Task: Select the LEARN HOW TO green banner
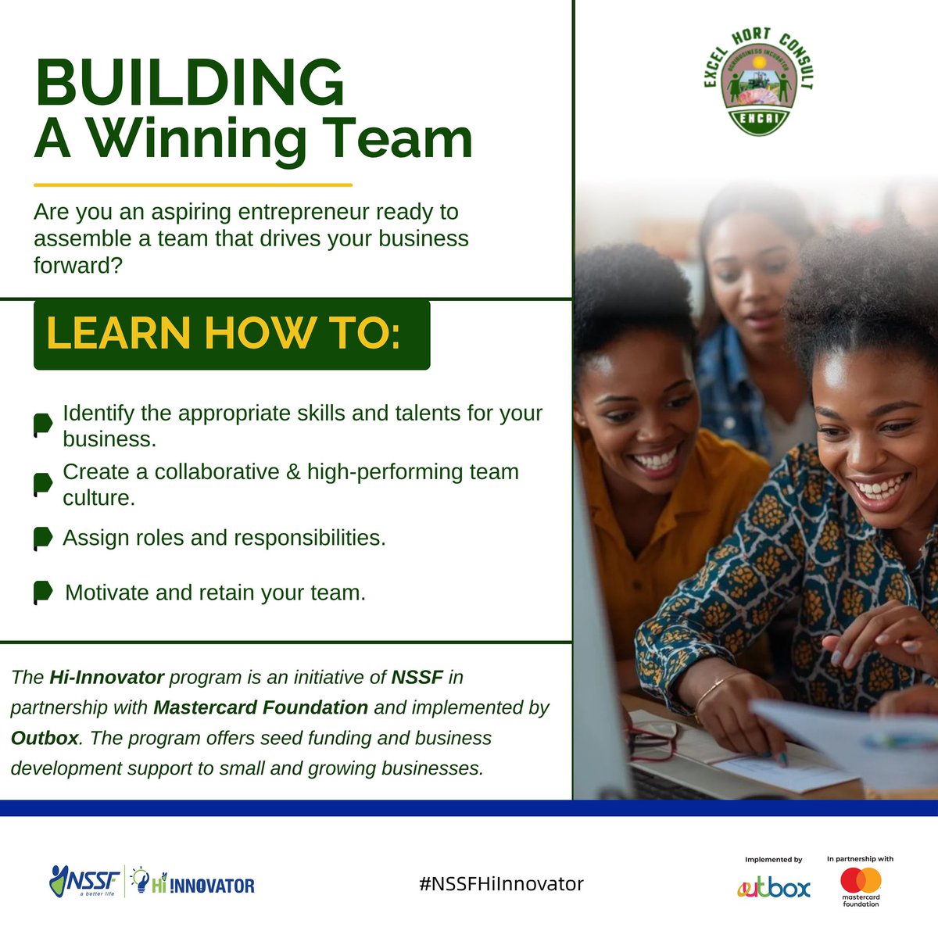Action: tap(231, 334)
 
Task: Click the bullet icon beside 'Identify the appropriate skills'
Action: tap(42, 425)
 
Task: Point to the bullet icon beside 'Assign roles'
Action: tap(42, 539)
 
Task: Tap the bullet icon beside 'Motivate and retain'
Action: tap(43, 593)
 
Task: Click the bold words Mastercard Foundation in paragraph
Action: tap(260, 707)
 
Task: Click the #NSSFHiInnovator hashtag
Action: tap(501, 884)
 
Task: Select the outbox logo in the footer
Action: tap(774, 887)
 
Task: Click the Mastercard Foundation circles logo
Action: tap(861, 880)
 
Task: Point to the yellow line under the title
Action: tap(193, 185)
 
